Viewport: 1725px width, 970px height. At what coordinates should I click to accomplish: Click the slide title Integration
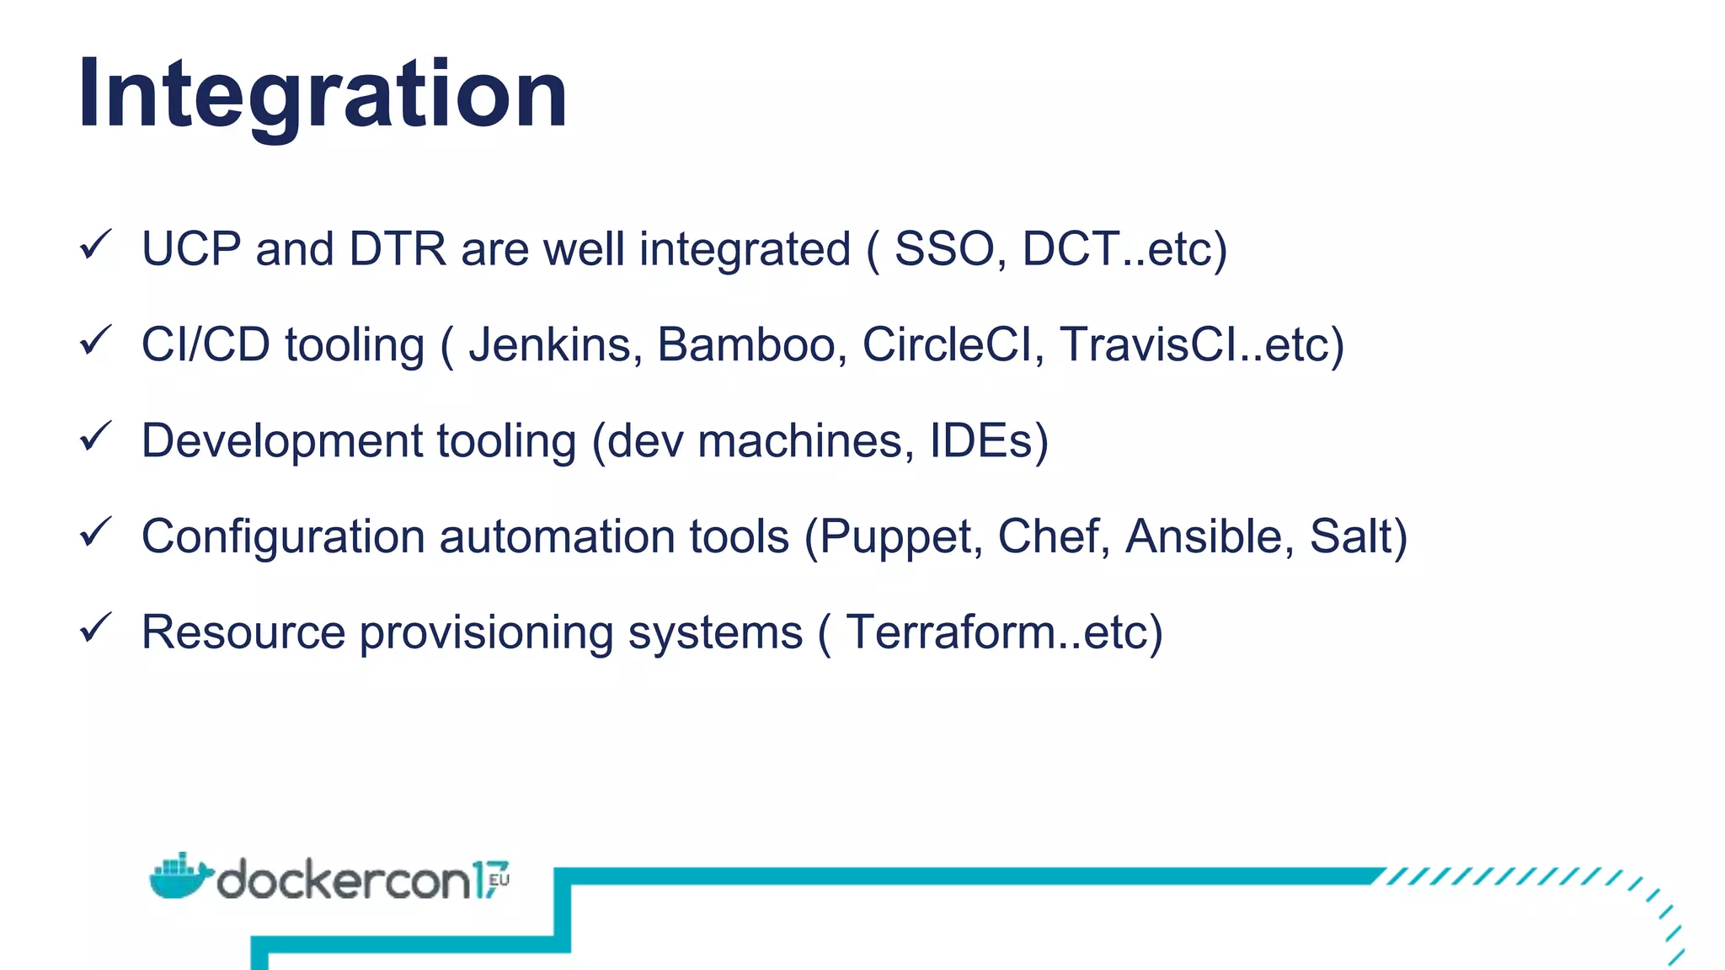pyautogui.click(x=322, y=94)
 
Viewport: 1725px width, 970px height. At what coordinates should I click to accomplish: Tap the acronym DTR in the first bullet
pyautogui.click(x=397, y=249)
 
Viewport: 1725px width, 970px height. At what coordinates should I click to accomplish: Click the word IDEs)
pyautogui.click(x=989, y=440)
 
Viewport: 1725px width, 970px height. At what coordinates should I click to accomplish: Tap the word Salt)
pyautogui.click(x=1358, y=536)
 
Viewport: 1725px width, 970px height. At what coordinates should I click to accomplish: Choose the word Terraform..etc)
pyautogui.click(x=1004, y=632)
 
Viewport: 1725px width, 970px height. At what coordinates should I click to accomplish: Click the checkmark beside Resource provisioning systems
pyautogui.click(x=95, y=628)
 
